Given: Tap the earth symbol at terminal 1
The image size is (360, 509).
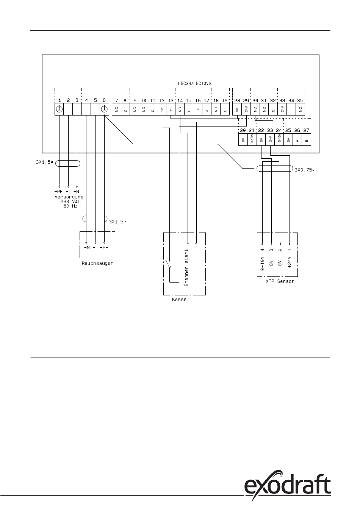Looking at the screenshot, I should (59, 109).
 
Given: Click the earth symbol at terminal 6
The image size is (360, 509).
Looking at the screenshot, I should (104, 109).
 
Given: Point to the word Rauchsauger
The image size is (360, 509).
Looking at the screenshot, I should (97, 263).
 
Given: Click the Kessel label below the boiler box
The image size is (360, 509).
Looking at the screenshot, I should (178, 300).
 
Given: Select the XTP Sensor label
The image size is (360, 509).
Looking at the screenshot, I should (280, 281).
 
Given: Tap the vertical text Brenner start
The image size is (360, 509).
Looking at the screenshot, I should (186, 267).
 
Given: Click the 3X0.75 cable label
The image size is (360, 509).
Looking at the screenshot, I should (305, 170).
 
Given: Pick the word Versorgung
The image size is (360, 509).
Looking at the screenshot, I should (69, 197).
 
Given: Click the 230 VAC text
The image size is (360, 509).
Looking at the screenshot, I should (70, 201).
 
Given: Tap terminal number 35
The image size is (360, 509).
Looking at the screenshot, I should (300, 101).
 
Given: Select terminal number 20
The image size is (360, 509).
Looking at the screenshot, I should (243, 130).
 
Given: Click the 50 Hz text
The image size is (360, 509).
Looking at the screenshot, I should (71, 206).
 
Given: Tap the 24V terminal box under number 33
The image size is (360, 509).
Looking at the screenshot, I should (282, 109).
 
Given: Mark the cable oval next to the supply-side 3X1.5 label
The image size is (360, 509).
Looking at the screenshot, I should (68, 163).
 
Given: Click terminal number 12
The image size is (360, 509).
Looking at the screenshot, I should (162, 101).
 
